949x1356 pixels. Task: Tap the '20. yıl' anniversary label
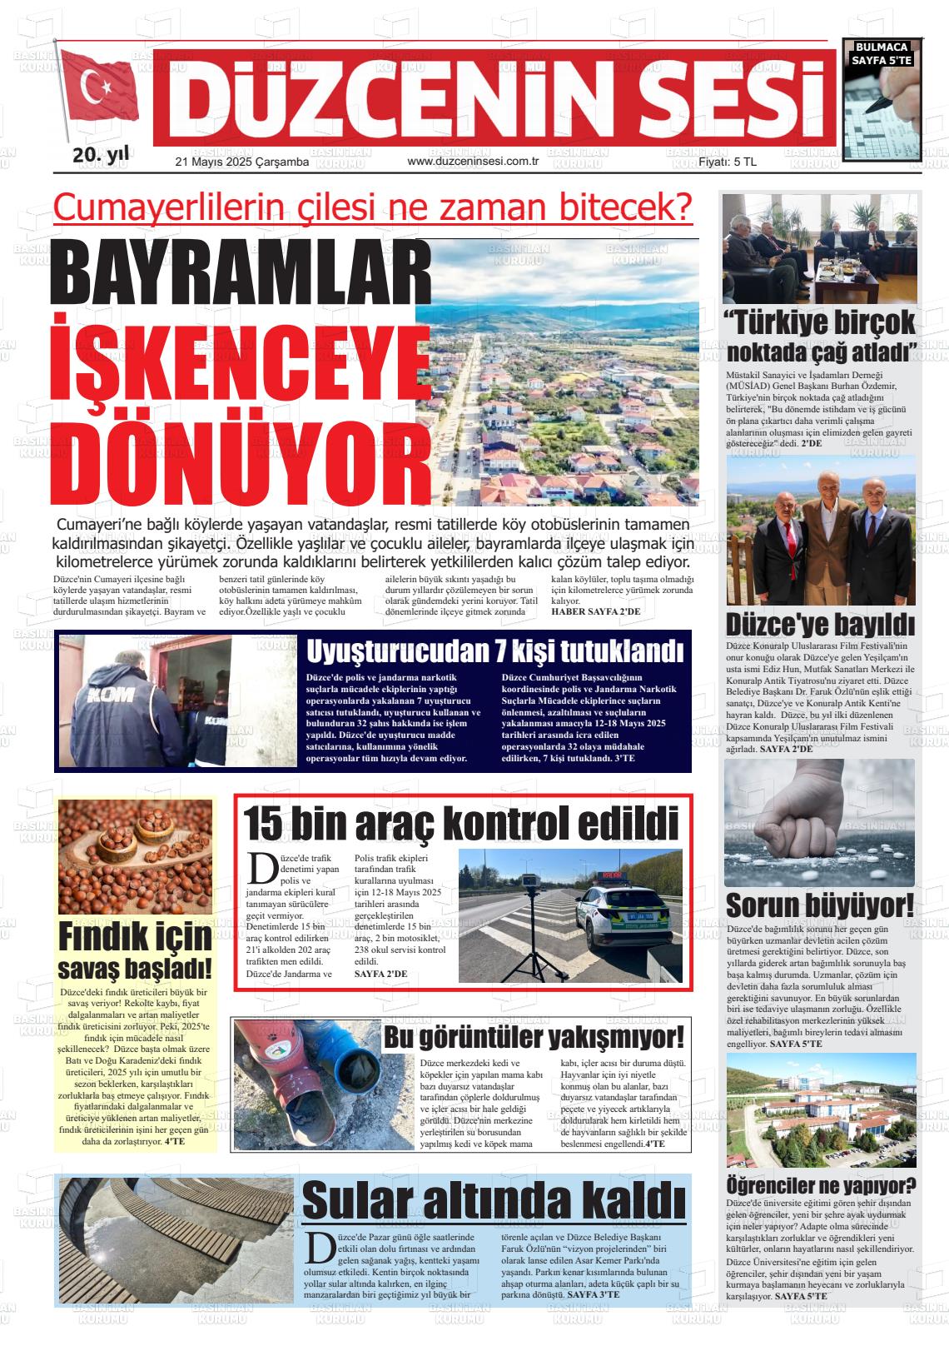[x=100, y=155]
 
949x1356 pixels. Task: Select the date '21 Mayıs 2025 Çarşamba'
[x=241, y=162]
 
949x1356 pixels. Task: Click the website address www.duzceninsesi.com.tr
[x=474, y=162]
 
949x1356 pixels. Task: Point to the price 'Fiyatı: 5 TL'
[x=727, y=162]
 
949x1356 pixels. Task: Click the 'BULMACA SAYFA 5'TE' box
[x=882, y=54]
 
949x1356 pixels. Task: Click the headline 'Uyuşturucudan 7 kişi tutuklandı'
[x=495, y=650]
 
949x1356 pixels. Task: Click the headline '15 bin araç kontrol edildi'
[x=460, y=824]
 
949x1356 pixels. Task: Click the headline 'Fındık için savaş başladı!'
[x=136, y=952]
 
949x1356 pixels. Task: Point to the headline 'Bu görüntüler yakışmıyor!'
[x=534, y=1038]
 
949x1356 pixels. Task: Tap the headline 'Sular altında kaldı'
[x=494, y=1200]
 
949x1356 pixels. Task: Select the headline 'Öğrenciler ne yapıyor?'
[x=821, y=1184]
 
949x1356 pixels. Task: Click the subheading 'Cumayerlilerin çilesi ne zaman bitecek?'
[x=373, y=208]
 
